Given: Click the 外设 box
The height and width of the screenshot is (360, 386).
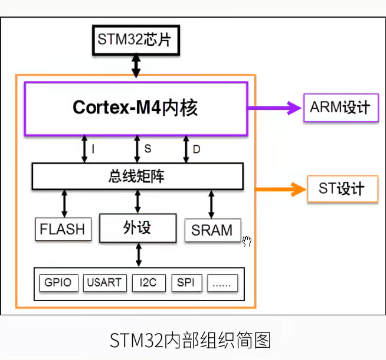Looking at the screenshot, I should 136,228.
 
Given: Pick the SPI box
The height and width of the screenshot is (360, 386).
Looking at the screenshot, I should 186,282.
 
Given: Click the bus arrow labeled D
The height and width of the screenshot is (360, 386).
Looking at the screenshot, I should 185,148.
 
